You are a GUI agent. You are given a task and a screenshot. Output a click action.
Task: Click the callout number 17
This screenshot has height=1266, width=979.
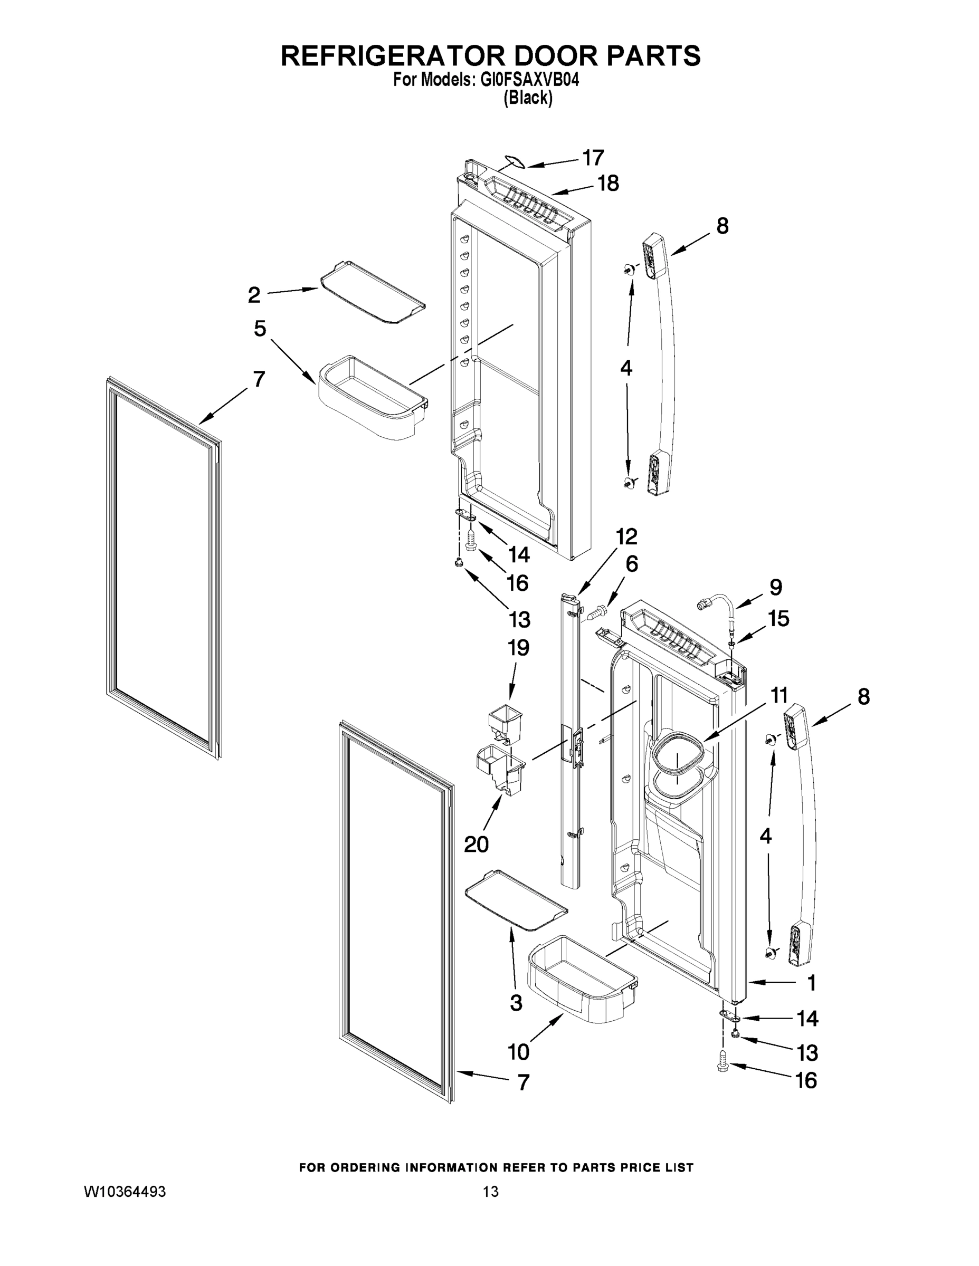click(x=593, y=157)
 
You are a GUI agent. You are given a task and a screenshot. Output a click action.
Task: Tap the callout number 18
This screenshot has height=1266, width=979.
click(x=609, y=183)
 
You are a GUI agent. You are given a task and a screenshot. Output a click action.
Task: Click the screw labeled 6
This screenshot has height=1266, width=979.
click(x=598, y=611)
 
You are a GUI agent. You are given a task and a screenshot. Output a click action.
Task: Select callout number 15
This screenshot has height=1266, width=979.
click(x=779, y=619)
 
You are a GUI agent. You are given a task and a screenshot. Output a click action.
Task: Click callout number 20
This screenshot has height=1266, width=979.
click(x=476, y=844)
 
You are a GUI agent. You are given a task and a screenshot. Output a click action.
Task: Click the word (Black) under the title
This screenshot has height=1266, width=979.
click(x=528, y=99)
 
